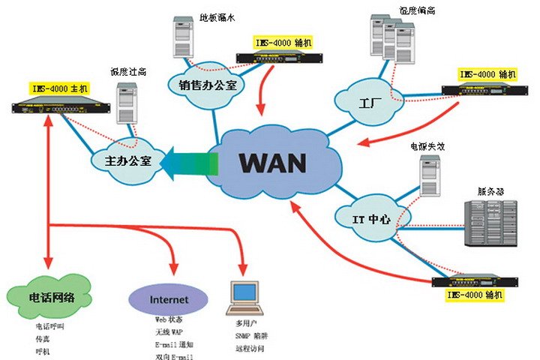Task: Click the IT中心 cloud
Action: [x=372, y=219]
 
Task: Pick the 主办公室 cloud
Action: [x=124, y=160]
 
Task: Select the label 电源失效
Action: [x=425, y=147]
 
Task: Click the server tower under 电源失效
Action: [x=428, y=179]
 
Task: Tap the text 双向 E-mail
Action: [x=172, y=356]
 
